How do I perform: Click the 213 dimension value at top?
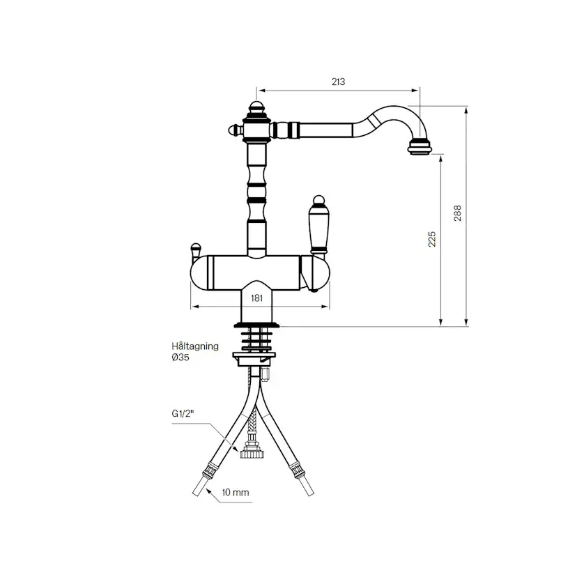(x=338, y=82)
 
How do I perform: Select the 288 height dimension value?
(x=457, y=213)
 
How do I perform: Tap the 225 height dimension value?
(x=431, y=238)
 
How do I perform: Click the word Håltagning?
(x=195, y=346)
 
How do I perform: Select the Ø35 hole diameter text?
(x=180, y=357)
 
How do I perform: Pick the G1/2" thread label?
(x=183, y=413)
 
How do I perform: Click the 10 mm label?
(x=236, y=493)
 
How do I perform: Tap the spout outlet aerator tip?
(x=420, y=147)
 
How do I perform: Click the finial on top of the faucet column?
(x=256, y=109)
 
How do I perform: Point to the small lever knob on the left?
(x=196, y=248)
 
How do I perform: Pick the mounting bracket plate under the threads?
(x=255, y=358)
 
